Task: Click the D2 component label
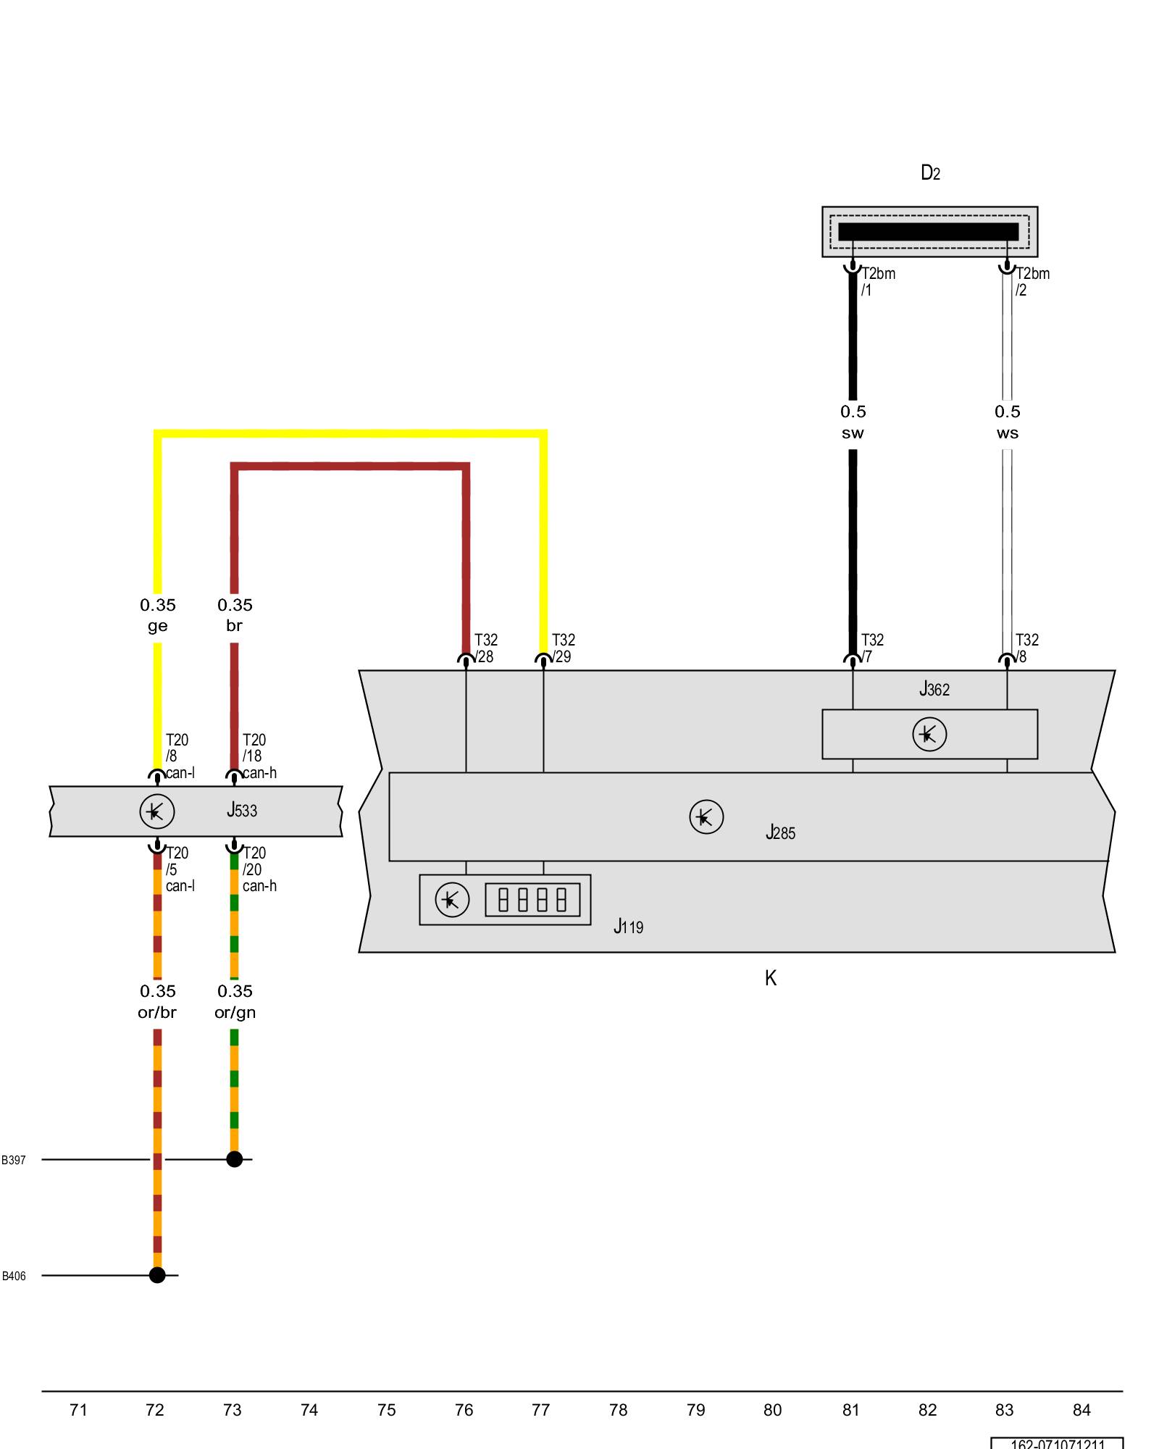(x=930, y=172)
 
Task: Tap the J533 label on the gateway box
(x=242, y=810)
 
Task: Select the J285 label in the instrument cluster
(x=780, y=832)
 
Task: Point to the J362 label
(x=934, y=689)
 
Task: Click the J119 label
(x=628, y=927)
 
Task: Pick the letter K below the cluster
(x=771, y=978)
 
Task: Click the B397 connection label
(x=14, y=1160)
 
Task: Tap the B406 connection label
(x=14, y=1276)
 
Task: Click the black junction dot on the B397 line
(x=235, y=1159)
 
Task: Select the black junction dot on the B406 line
(x=157, y=1275)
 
